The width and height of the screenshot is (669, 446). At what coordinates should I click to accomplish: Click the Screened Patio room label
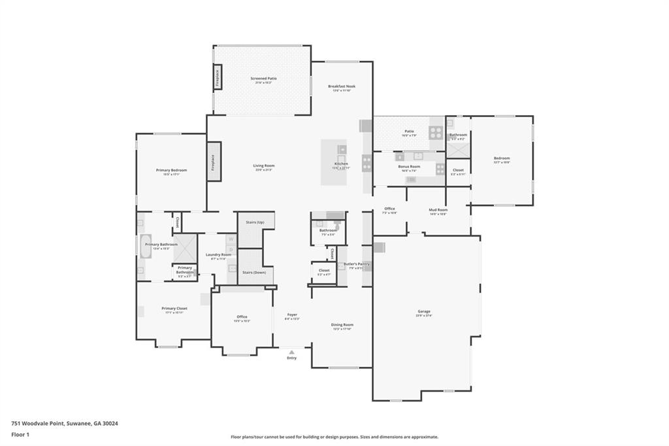(x=263, y=78)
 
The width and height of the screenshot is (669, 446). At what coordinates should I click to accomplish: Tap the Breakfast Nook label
(x=342, y=86)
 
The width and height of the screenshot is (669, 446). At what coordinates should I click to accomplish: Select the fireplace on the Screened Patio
(x=218, y=78)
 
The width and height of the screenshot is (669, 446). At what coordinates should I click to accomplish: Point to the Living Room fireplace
(x=213, y=162)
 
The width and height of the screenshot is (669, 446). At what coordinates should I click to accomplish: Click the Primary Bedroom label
(x=172, y=171)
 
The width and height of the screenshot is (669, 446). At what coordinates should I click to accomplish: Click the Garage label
(x=424, y=311)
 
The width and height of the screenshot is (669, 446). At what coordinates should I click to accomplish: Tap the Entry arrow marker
(x=291, y=352)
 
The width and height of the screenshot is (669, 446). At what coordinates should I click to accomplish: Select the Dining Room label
(x=342, y=325)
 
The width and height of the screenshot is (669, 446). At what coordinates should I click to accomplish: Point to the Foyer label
(x=292, y=315)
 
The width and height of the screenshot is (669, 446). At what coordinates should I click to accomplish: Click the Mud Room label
(x=438, y=210)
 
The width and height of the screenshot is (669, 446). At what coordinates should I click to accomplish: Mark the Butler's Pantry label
(x=357, y=264)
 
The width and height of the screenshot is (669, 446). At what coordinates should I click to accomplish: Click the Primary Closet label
(x=174, y=309)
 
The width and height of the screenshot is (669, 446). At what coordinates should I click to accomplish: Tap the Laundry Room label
(x=218, y=255)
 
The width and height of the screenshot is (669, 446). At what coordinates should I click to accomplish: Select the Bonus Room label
(x=410, y=167)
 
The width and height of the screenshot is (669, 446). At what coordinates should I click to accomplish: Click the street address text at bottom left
(x=65, y=423)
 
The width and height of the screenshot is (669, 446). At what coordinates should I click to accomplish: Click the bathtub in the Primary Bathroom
(x=145, y=247)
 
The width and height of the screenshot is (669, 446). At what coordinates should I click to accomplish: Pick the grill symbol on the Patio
(x=436, y=133)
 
